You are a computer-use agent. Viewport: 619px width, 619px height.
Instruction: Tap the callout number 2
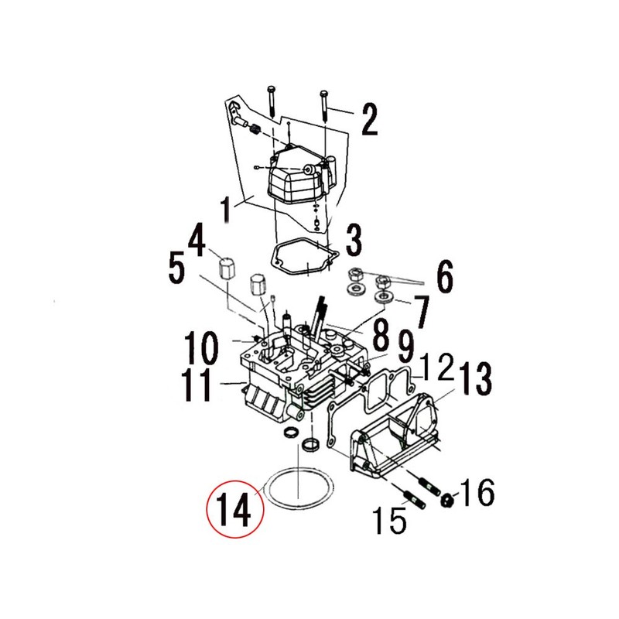[369, 120]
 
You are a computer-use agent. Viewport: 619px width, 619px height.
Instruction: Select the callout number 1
[226, 210]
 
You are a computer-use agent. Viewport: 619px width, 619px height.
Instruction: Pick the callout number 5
[445, 277]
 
